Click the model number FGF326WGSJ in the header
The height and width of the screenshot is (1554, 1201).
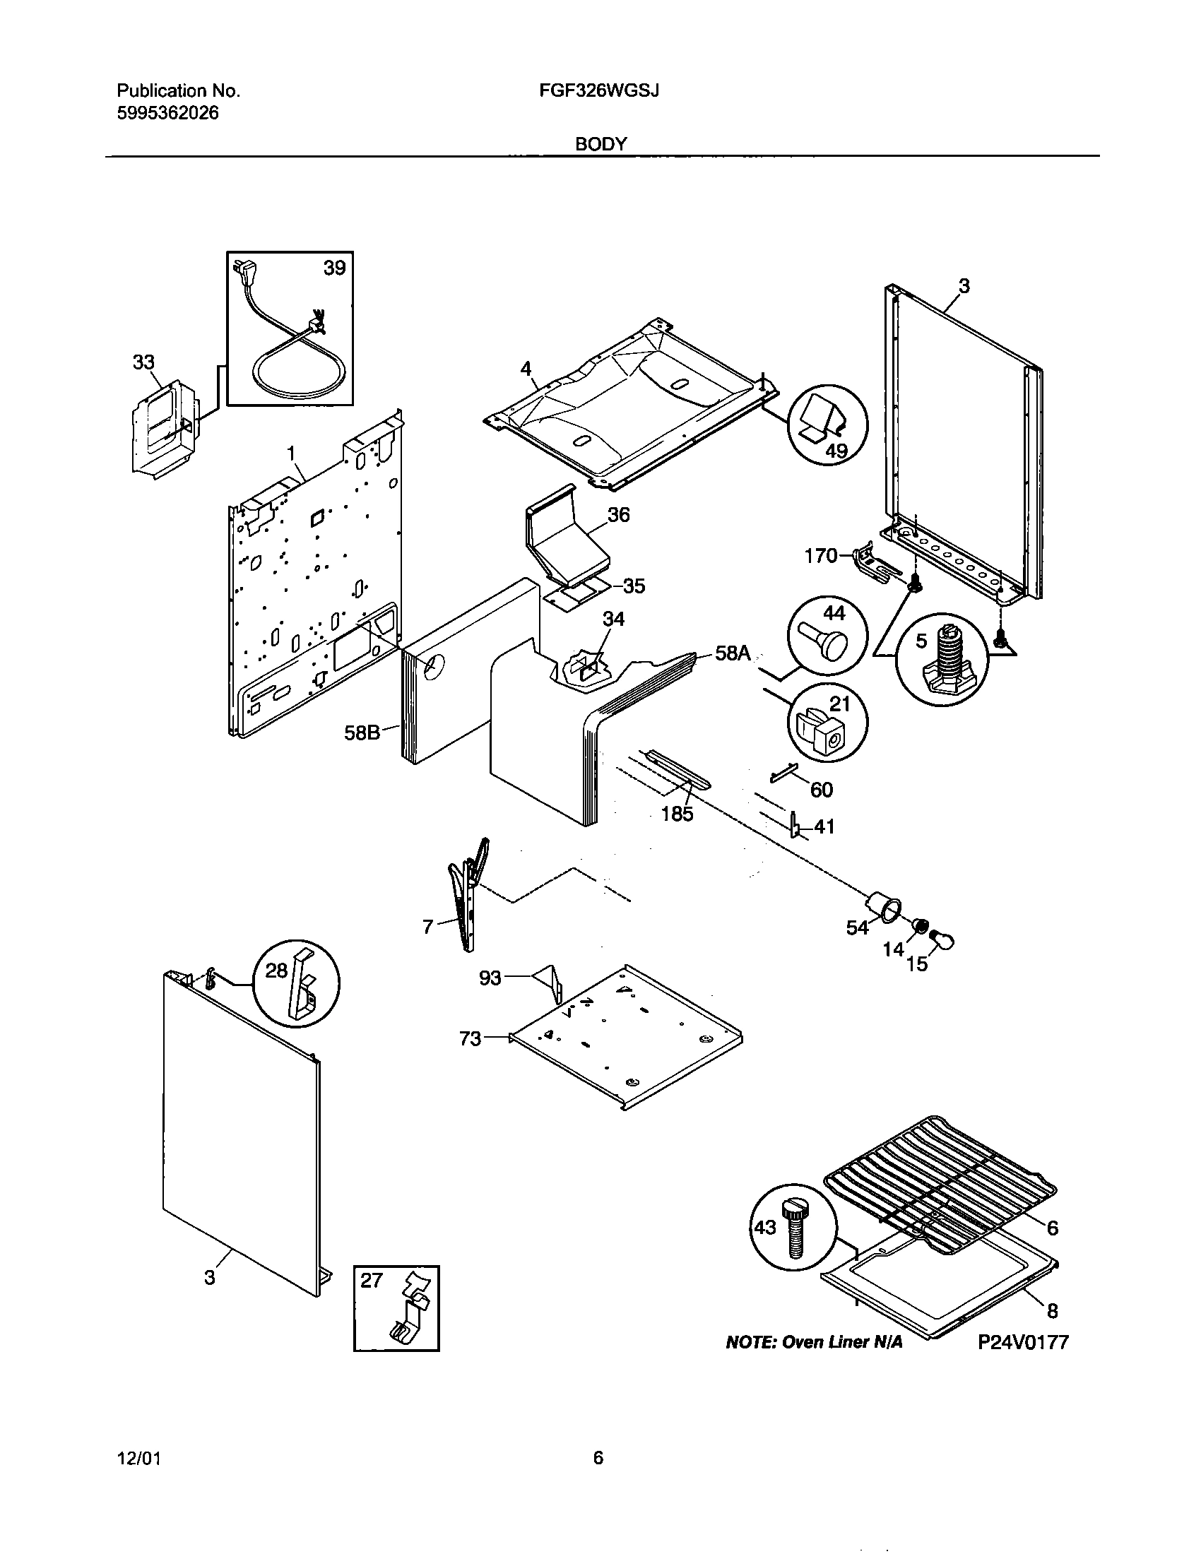point(600,91)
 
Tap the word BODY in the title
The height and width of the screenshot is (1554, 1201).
point(601,144)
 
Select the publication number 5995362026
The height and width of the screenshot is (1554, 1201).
point(168,113)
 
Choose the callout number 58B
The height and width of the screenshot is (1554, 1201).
point(362,732)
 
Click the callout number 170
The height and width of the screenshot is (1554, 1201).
point(821,556)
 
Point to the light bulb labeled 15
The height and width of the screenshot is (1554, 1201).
point(941,942)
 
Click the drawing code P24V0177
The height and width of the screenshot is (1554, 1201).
point(1022,1342)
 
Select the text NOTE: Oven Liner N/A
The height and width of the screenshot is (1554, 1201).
point(813,1342)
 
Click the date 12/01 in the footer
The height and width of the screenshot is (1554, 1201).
point(138,1459)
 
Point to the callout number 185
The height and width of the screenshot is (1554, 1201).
point(677,813)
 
